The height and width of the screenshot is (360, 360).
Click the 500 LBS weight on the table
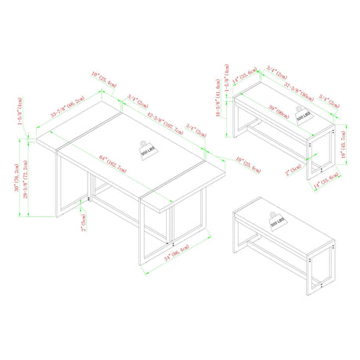[147, 149]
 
